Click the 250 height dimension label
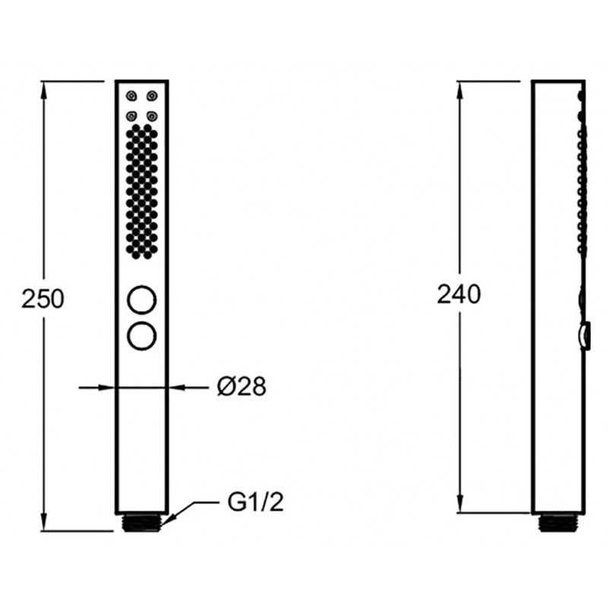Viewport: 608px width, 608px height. tap(43, 299)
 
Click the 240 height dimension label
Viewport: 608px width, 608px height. tap(459, 294)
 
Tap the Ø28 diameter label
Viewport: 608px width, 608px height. tap(242, 387)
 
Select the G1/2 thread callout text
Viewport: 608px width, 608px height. tap(255, 502)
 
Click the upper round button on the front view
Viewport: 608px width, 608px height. tap(142, 299)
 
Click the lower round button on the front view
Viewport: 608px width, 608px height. tap(142, 336)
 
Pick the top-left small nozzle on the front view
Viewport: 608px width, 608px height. tap(131, 96)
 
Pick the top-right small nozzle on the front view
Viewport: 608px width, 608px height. tap(152, 96)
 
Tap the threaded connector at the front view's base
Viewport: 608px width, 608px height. tap(142, 523)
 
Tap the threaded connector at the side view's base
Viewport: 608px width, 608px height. tap(558, 523)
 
